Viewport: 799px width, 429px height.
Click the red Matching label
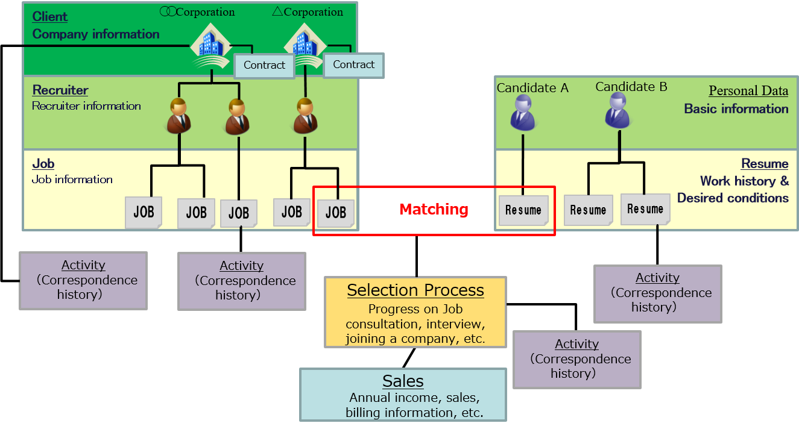(x=434, y=210)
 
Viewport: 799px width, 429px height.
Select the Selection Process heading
(x=415, y=290)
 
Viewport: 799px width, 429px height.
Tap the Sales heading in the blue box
(x=403, y=381)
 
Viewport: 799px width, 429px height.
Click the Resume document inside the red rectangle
(x=523, y=210)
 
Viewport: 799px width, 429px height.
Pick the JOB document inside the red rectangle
(x=336, y=212)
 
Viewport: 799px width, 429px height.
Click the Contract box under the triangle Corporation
(x=353, y=65)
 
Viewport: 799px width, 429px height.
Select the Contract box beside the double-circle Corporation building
(x=264, y=66)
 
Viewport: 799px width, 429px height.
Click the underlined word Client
(x=49, y=17)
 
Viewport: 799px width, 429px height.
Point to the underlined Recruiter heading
(x=60, y=90)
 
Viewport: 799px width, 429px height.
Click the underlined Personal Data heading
(x=748, y=91)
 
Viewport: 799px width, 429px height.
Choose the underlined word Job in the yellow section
(x=43, y=164)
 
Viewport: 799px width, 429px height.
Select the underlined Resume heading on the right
(x=764, y=164)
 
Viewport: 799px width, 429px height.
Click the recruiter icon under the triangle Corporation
(x=305, y=116)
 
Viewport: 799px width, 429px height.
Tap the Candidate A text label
(x=532, y=88)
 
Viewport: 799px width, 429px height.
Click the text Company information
(x=96, y=34)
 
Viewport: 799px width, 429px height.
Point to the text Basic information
(x=736, y=109)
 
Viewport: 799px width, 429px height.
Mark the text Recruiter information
(x=86, y=106)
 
